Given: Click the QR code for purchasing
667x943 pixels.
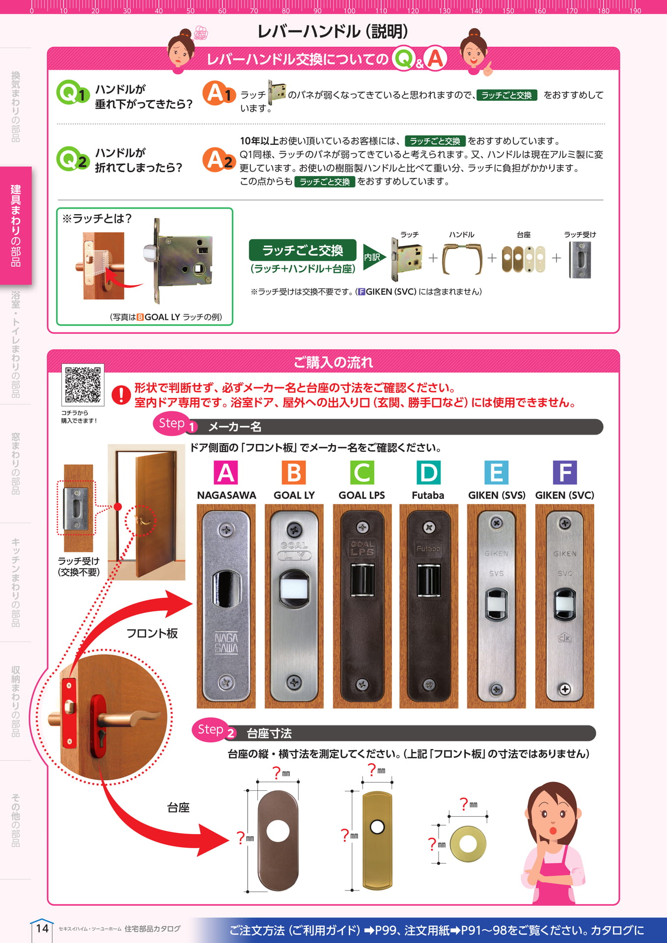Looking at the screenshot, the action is click(x=83, y=385).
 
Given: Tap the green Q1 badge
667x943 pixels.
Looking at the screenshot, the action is click(x=73, y=92).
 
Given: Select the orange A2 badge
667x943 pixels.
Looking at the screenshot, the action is click(x=219, y=160).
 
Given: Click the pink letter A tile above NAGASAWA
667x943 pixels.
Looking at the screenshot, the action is click(x=226, y=472).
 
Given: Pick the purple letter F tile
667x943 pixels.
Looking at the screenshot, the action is click(x=564, y=472).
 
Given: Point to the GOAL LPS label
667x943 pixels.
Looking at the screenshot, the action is click(x=362, y=495).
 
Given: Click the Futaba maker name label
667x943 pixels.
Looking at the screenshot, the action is click(x=428, y=495).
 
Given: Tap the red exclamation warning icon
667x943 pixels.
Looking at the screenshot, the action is click(x=121, y=394).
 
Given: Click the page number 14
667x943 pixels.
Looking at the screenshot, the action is click(x=42, y=928).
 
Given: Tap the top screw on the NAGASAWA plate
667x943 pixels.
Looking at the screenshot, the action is click(x=226, y=530).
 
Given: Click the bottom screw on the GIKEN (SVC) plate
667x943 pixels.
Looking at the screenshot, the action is click(x=565, y=689).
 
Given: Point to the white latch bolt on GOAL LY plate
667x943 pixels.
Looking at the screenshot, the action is click(x=294, y=591).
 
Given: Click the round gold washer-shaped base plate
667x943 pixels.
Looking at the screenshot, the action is click(x=468, y=844).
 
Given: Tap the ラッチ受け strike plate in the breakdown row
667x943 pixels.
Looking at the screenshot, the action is click(x=580, y=260).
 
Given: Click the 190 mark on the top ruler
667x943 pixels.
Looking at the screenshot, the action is click(x=635, y=10).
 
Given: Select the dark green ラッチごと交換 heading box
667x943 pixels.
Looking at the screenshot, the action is click(x=303, y=250).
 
